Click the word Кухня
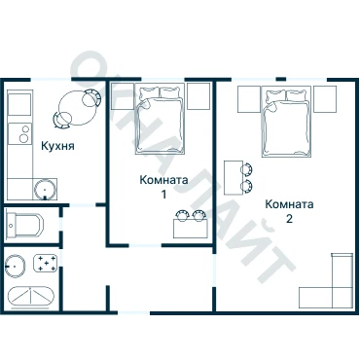(x=57, y=146)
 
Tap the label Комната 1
(x=163, y=187)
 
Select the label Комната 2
(x=289, y=211)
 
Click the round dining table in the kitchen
(x=78, y=108)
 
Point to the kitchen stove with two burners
(x=20, y=133)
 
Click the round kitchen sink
(x=45, y=189)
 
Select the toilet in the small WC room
(x=24, y=225)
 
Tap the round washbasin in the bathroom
(x=16, y=266)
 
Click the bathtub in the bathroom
(x=30, y=297)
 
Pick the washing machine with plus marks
(x=46, y=263)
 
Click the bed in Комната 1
(x=160, y=119)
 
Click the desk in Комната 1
(x=191, y=229)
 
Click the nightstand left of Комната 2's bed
(x=249, y=99)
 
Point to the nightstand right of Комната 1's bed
(x=198, y=96)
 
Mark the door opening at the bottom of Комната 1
(x=146, y=245)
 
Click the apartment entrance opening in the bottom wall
(x=133, y=312)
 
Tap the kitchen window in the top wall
(x=51, y=79)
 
